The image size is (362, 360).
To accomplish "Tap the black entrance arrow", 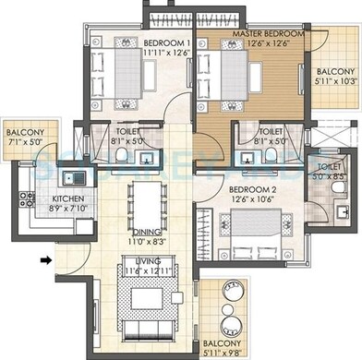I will click(44, 259).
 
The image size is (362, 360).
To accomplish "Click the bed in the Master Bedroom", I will click(238, 72).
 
